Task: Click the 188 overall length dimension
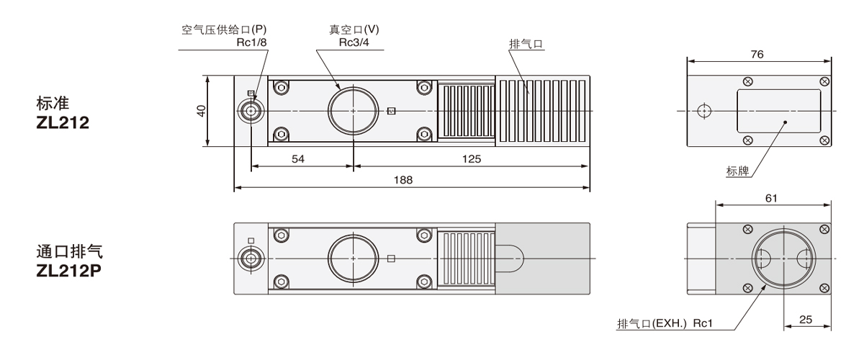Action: pos(404,180)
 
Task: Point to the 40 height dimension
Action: pos(202,111)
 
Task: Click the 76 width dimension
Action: pos(757,54)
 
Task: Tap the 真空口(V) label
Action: pos(351,30)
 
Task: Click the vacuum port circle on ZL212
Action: pos(353,111)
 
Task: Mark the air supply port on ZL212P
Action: pos(251,258)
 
